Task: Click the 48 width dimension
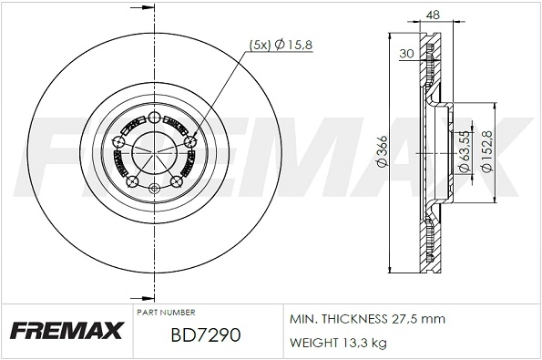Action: point(434,15)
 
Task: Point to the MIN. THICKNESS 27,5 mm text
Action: point(366,318)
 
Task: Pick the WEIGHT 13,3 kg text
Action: point(337,343)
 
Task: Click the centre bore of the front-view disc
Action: point(152,152)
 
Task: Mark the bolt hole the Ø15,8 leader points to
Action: point(189,141)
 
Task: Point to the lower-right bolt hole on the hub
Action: point(175,182)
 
